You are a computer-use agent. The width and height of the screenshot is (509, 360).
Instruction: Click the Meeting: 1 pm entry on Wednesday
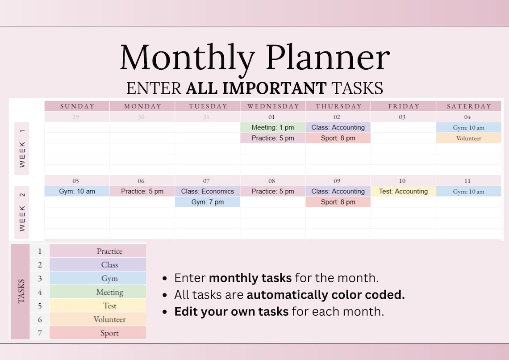[x=273, y=128]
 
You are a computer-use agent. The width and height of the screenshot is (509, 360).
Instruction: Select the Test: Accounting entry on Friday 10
[x=403, y=192]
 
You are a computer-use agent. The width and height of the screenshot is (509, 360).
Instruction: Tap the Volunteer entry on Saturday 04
[x=468, y=138]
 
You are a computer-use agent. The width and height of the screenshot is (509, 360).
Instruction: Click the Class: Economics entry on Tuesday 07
[x=208, y=192]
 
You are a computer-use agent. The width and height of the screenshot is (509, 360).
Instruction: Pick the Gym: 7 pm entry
[x=208, y=202]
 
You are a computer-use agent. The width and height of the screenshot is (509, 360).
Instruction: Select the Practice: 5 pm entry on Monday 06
[x=142, y=192]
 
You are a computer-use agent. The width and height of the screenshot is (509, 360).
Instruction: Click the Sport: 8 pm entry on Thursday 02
[x=338, y=138]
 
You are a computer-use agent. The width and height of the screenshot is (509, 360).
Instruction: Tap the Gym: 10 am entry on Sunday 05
[x=77, y=192]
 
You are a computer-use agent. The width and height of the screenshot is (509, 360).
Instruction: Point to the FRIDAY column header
[x=403, y=106]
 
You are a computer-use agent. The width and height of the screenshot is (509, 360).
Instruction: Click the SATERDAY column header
[x=468, y=106]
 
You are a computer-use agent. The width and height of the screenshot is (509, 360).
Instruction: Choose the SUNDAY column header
[x=77, y=106]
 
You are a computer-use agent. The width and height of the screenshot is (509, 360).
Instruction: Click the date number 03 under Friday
[x=402, y=117]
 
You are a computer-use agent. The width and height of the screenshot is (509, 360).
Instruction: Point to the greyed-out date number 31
[x=207, y=117]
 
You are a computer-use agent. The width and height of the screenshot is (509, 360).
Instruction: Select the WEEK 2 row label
[x=22, y=213]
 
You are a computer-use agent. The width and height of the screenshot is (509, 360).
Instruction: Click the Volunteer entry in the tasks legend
[x=109, y=319]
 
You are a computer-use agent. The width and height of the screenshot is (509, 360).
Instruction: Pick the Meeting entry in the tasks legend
[x=109, y=292]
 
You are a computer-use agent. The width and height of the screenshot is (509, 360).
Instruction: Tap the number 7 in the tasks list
[x=40, y=333]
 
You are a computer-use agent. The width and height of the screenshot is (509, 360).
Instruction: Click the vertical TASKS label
[x=21, y=291]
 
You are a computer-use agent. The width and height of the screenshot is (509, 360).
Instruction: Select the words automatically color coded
[x=325, y=295]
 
